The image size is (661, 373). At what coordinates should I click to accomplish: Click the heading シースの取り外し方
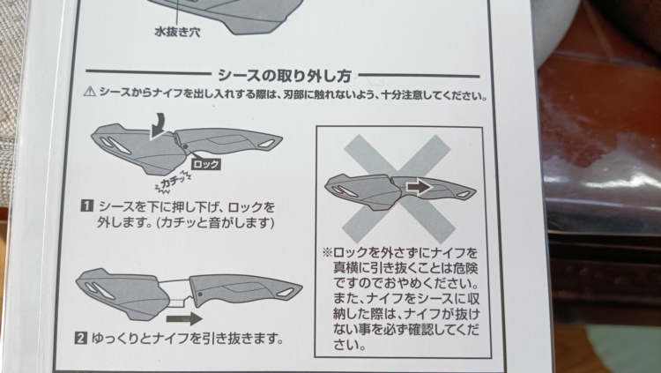click(285, 76)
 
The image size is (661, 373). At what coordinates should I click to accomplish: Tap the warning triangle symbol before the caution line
click(89, 91)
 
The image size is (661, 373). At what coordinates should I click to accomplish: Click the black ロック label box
click(206, 164)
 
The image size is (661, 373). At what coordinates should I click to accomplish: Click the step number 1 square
click(86, 206)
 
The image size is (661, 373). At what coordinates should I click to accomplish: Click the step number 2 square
click(80, 338)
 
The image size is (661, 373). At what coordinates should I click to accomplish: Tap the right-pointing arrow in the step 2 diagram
click(184, 318)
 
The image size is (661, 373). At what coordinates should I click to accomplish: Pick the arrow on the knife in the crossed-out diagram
click(419, 187)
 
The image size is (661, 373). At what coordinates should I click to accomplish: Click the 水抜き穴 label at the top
click(177, 32)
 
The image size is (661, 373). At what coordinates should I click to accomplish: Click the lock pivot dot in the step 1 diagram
click(185, 147)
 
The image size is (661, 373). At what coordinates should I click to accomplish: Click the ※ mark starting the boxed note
click(327, 253)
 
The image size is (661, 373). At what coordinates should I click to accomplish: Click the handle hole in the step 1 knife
click(267, 144)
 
